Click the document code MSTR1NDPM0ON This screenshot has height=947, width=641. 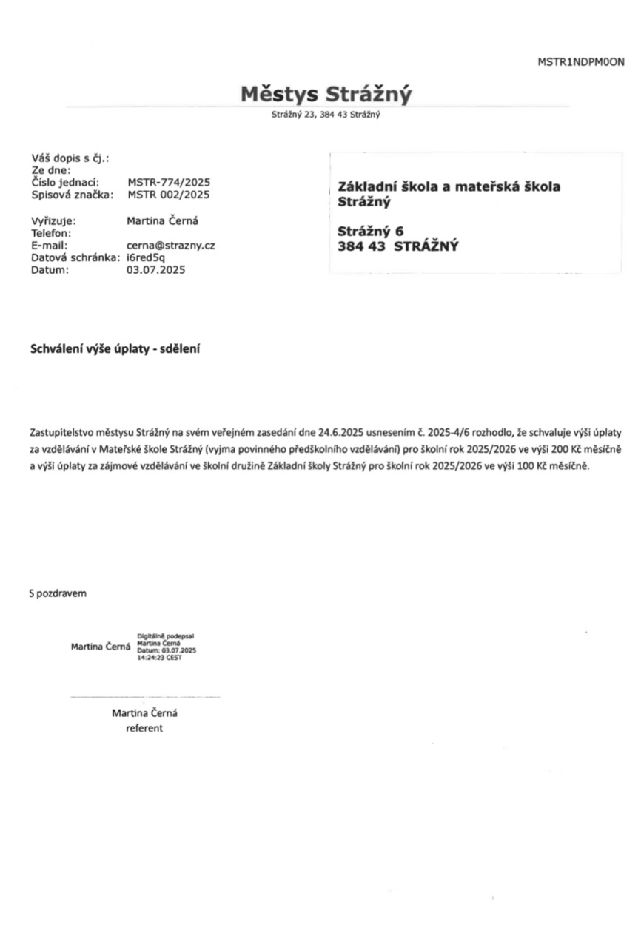pos(580,62)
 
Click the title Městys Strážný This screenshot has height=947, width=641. pos(326,95)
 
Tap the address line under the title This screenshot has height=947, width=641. pos(326,115)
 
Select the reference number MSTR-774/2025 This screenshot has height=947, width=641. pos(169,182)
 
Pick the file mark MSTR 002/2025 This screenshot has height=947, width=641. pos(169,195)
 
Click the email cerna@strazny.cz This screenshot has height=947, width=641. pos(171,245)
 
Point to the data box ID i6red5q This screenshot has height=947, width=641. pos(146,257)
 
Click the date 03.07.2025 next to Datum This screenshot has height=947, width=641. pos(155,270)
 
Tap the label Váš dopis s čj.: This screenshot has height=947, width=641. pos(70,158)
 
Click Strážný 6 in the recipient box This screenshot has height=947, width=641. pos(370,231)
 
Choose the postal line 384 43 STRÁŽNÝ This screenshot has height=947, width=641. pos(397,247)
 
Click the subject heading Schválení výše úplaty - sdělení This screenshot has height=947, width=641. pos(115,348)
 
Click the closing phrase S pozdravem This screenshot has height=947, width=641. pos(58,593)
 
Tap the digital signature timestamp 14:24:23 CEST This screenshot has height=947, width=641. pos(159,658)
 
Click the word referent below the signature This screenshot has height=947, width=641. pos(144,729)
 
